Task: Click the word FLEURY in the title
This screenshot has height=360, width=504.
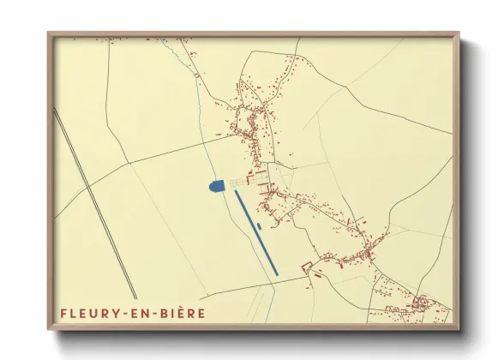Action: coord(89,313)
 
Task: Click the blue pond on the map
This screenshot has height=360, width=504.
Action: coord(216,184)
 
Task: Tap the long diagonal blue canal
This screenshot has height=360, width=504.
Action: coord(256,231)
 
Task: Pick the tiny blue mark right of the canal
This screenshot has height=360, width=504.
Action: coord(258,226)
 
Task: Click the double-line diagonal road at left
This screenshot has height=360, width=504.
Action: coord(94,206)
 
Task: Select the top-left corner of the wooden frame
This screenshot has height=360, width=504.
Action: coord(49,33)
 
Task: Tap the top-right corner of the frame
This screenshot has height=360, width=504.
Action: coord(459,33)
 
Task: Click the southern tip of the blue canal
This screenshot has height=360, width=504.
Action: coord(276,273)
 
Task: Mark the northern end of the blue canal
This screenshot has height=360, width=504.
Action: coord(237,191)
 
